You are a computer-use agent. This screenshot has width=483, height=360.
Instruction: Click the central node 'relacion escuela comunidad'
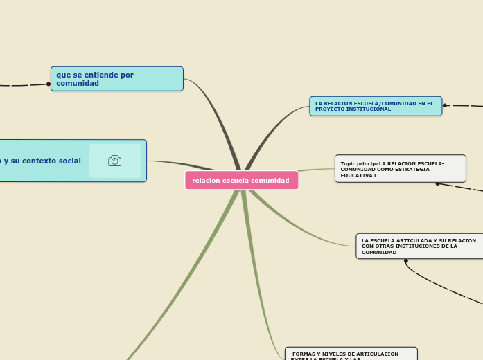pos(241,180)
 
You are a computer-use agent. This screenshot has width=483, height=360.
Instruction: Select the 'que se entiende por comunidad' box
pos(116,79)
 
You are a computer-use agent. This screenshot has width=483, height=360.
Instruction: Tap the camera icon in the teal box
pos(115,161)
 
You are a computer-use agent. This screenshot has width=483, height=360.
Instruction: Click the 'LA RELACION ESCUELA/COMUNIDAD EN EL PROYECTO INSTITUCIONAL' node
pos(375,106)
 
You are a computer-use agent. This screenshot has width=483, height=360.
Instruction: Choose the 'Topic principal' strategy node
pos(400,169)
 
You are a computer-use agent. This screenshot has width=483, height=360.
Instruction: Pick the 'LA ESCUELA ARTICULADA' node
pos(419,246)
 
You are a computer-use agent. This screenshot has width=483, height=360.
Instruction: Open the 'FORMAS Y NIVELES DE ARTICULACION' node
pos(351,354)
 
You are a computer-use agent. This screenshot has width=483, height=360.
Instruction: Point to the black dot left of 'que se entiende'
pos(49,84)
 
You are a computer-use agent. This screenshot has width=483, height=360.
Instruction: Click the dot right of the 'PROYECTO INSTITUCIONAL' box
pos(445,106)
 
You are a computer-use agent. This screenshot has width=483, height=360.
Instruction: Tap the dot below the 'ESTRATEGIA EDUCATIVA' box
pos(437,184)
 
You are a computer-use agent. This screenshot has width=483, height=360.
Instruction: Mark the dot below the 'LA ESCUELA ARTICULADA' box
pos(406,261)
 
